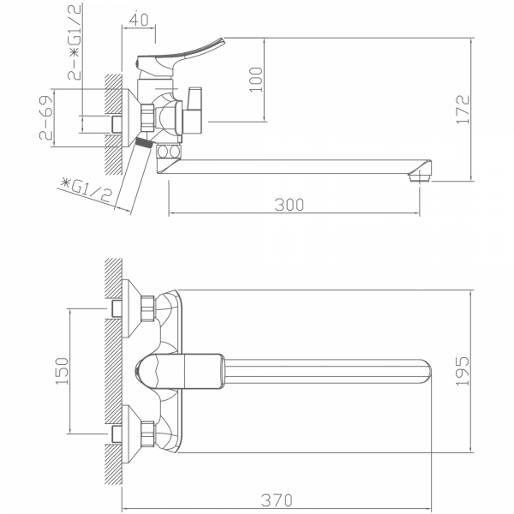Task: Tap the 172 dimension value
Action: [x=486, y=109]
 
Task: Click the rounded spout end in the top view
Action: [x=428, y=370]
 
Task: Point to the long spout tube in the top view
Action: [x=326, y=370]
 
